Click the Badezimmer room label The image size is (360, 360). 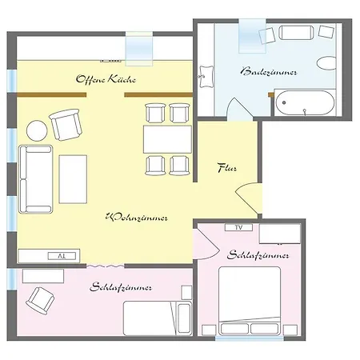(269, 72)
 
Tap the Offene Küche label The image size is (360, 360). (106, 79)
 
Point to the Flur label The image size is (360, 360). (227, 168)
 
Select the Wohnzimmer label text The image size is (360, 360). (137, 218)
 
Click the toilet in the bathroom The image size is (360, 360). (326, 63)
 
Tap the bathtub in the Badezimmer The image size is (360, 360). (305, 102)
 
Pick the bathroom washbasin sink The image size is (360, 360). (206, 77)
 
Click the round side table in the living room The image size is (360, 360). (37, 130)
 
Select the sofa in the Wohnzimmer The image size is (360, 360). (36, 179)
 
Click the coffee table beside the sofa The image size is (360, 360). (73, 179)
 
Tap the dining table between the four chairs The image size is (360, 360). (167, 139)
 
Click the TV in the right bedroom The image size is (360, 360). (238, 227)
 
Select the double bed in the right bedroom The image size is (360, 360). (250, 301)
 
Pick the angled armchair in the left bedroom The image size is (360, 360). (40, 301)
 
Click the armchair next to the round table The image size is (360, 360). (66, 125)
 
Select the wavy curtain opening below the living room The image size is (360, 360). (105, 266)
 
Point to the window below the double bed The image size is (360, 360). (250, 338)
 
